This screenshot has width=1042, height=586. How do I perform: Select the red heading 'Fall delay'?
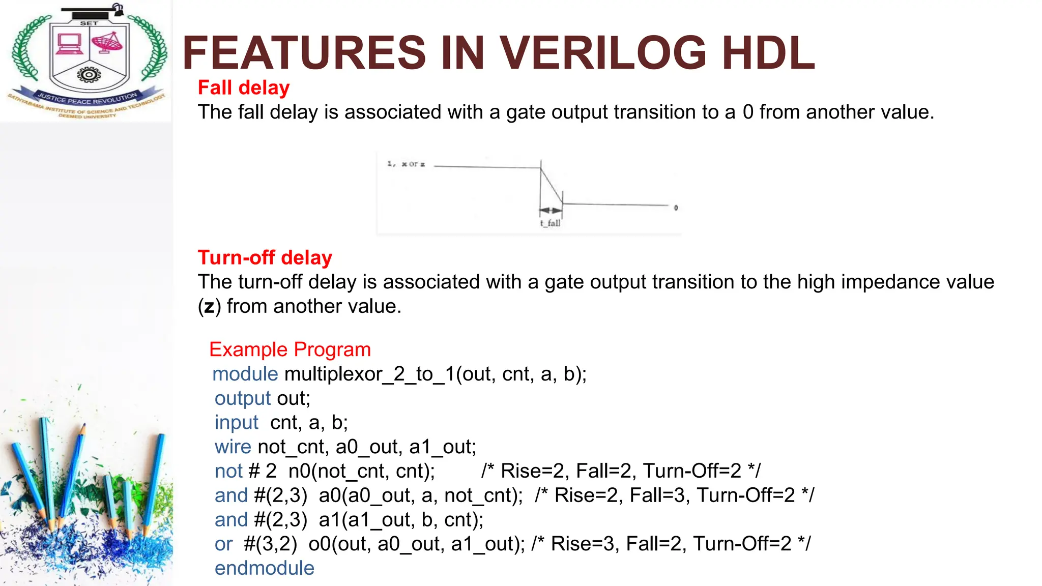tap(244, 88)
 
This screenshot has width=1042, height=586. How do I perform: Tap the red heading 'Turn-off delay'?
tap(265, 258)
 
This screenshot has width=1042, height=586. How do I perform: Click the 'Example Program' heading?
tap(290, 350)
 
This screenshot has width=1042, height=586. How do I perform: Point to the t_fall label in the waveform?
tap(551, 223)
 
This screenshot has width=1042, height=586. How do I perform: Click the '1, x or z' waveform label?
tap(406, 164)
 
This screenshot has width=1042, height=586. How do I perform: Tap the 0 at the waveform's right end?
tap(676, 208)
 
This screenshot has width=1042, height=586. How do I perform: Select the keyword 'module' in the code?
tap(245, 374)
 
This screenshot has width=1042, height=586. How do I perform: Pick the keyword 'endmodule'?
tap(265, 568)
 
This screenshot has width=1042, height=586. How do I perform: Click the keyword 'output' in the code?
tap(243, 398)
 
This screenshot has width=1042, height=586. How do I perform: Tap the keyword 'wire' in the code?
tap(233, 447)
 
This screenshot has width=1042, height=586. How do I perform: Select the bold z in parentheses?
tap(209, 307)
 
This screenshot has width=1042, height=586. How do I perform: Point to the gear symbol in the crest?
tap(89, 75)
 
